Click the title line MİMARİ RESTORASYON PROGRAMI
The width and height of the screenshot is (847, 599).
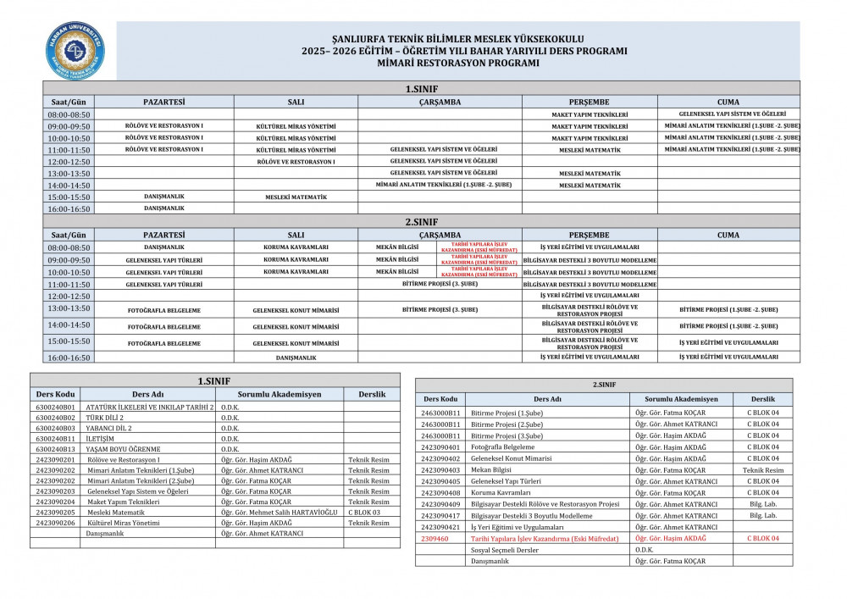click(x=457, y=63)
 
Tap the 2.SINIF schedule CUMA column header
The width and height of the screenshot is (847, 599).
click(x=728, y=235)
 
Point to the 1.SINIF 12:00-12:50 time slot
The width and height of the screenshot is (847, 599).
click(x=69, y=161)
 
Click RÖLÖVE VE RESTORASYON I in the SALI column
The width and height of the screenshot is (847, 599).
click(x=296, y=161)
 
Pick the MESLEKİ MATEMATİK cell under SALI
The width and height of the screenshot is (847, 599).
click(x=296, y=197)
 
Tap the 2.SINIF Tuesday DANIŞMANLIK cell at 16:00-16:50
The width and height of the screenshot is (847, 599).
click(x=296, y=358)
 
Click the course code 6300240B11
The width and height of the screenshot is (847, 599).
click(x=56, y=439)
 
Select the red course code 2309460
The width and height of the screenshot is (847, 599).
click(x=440, y=538)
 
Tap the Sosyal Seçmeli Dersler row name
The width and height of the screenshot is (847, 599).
click(x=504, y=550)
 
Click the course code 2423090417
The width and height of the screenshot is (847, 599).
click(x=440, y=515)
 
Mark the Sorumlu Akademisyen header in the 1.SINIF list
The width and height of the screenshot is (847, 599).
click(x=279, y=394)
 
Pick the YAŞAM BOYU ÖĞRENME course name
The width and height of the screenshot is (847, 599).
click(x=124, y=449)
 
